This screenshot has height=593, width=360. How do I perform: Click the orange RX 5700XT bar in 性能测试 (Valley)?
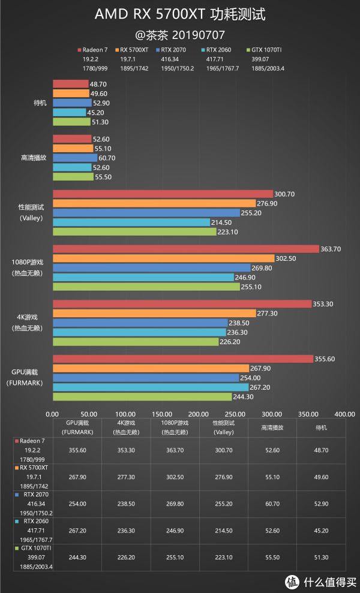(154, 203)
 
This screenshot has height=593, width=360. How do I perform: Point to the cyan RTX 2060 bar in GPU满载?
(151, 387)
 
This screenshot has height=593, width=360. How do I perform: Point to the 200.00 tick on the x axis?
(199, 414)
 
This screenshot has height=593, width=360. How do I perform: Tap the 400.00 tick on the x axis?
(344, 414)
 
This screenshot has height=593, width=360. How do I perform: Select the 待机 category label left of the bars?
(40, 103)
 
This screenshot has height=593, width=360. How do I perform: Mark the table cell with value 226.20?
(125, 558)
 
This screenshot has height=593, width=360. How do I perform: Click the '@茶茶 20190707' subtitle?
(180, 34)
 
